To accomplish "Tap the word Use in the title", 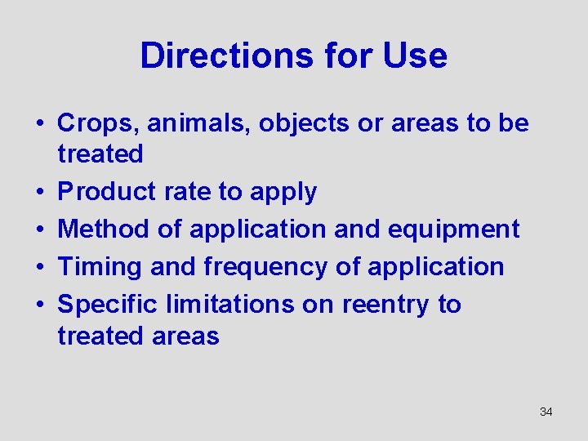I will (x=416, y=56).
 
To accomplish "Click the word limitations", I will (x=229, y=305).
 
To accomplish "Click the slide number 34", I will (x=546, y=412).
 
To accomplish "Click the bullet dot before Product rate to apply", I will (x=38, y=193).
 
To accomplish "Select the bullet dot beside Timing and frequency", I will (x=38, y=268).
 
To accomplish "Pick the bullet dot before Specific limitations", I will (x=38, y=305).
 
